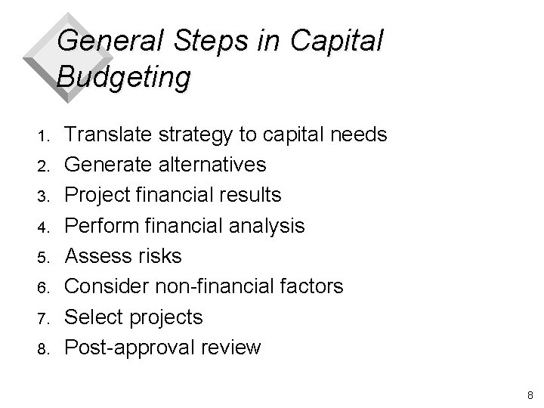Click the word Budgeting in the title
pyautogui.click(x=123, y=76)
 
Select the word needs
pyautogui.click(x=357, y=135)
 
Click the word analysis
pyautogui.click(x=268, y=225)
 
